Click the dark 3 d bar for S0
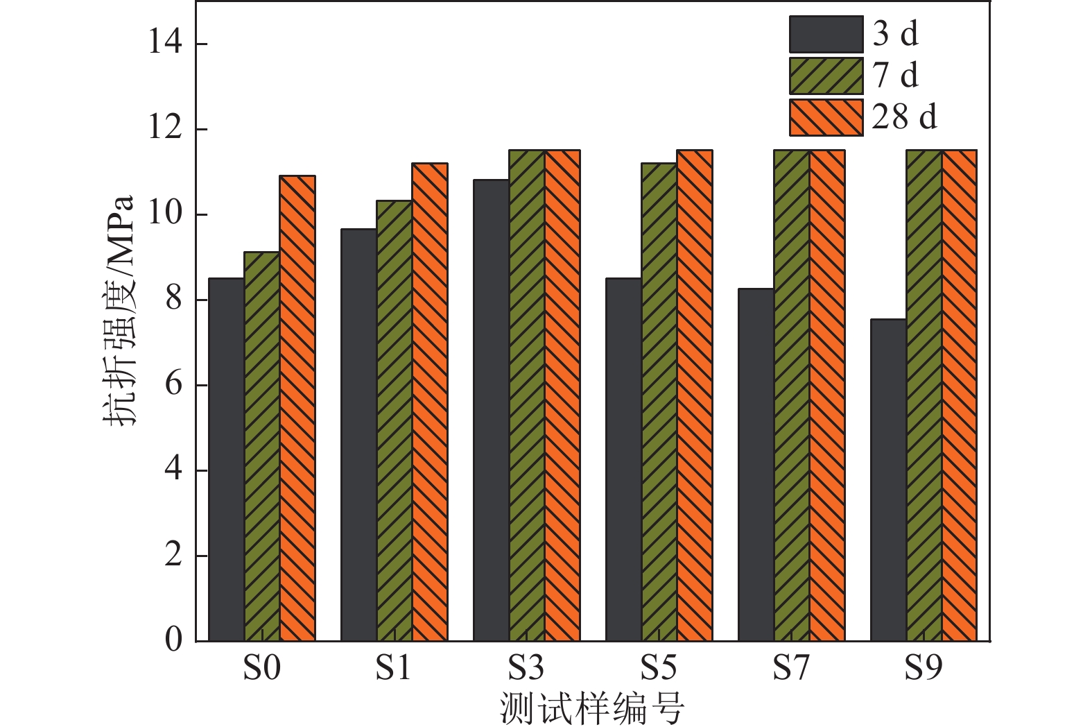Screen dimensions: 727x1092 227,459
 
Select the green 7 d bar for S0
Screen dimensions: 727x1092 262,446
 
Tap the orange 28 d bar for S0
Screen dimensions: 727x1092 297,408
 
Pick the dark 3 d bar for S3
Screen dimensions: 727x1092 492,410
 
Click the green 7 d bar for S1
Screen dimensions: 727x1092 395,420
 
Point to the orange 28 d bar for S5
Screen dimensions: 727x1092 695,395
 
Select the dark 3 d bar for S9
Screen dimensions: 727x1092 889,480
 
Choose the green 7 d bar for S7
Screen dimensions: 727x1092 792,395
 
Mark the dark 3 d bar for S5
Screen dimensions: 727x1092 624,459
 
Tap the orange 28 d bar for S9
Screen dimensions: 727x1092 960,395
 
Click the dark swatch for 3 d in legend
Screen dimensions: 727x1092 826,35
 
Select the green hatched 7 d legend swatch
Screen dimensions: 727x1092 826,76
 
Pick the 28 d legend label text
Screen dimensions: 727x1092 904,117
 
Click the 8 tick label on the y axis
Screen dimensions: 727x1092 173,300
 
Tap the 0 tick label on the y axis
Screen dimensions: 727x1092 173,640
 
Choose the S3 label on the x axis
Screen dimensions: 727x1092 526,668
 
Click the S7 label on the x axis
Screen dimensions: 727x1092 791,668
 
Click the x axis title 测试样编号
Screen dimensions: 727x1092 592,708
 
